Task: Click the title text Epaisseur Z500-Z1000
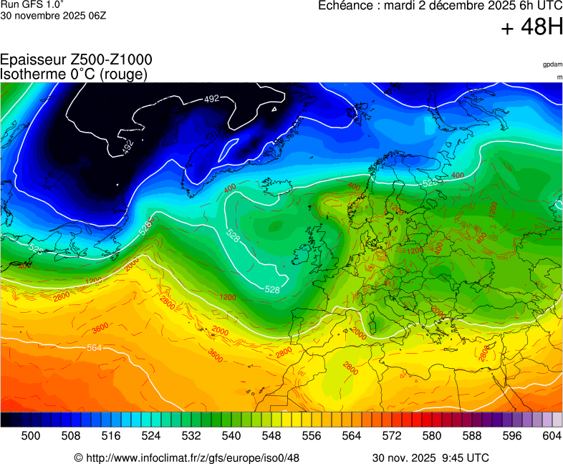tap(76, 60)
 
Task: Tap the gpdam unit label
tap(552, 64)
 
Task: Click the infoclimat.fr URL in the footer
tap(191, 458)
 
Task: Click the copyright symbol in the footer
tap(78, 458)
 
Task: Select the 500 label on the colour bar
tap(31, 435)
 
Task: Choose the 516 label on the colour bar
tap(111, 435)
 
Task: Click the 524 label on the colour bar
tap(151, 435)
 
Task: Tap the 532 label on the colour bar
tap(191, 435)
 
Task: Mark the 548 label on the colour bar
tap(271, 435)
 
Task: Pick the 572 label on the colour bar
tap(391, 435)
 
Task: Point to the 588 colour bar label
tap(471, 435)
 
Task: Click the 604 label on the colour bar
tap(551, 435)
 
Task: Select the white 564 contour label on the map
tap(94, 348)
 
